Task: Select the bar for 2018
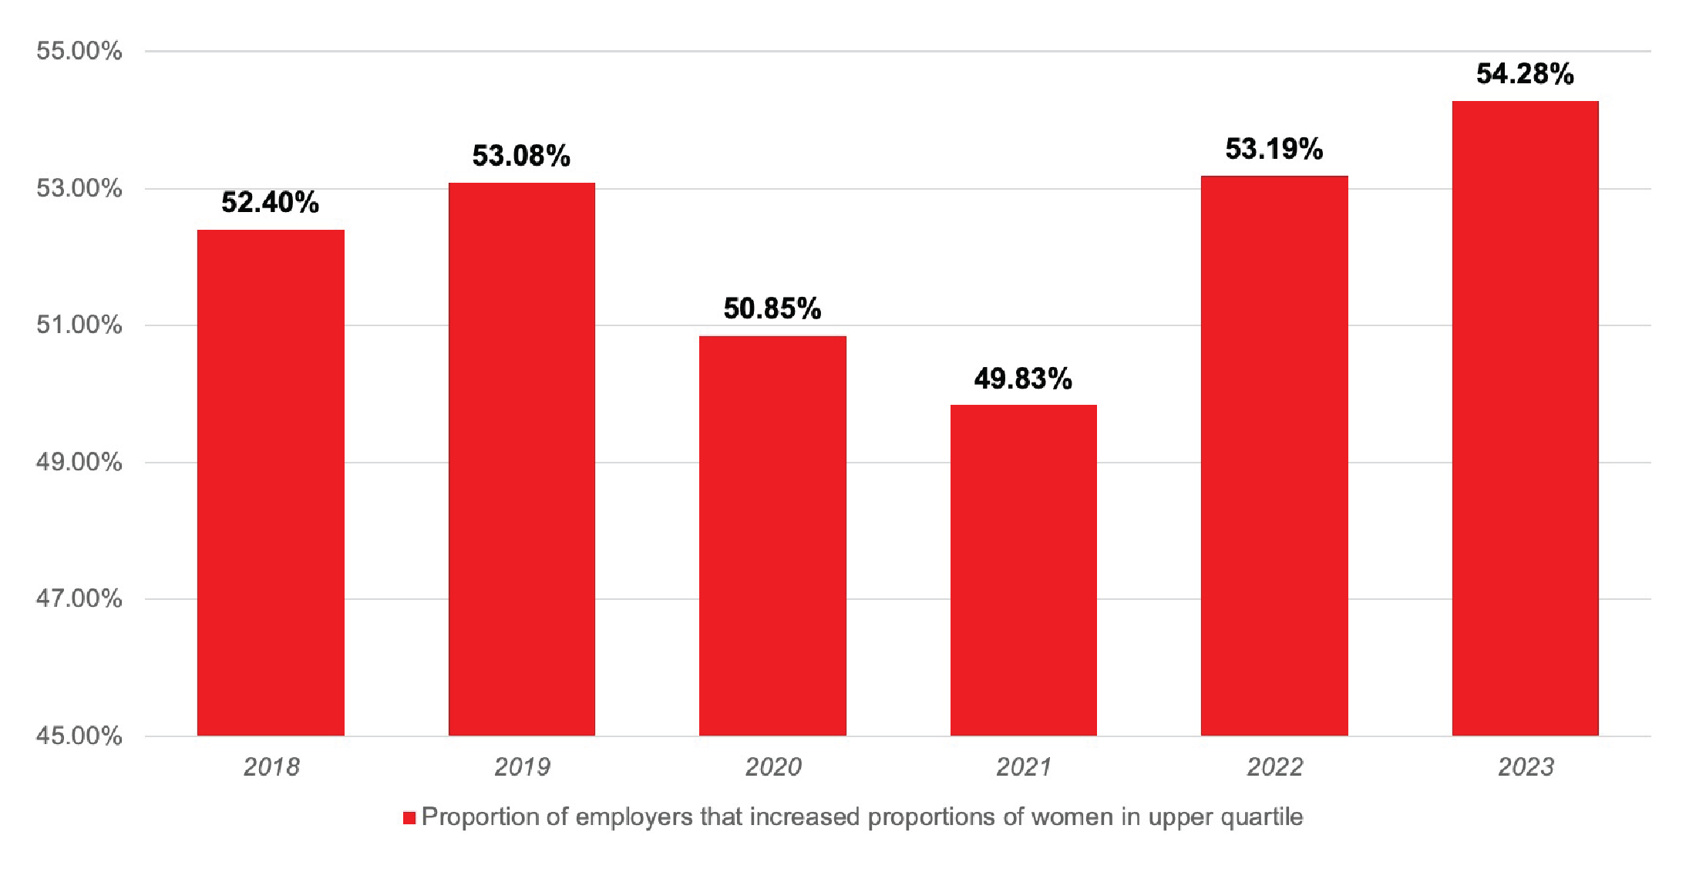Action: tap(271, 482)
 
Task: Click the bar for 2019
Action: tap(522, 459)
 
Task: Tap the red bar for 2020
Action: tap(772, 535)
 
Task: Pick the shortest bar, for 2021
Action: tap(1023, 570)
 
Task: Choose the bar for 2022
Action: tap(1274, 455)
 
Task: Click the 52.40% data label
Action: tap(270, 203)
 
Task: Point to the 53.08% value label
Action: tap(521, 156)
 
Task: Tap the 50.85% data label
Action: tap(772, 308)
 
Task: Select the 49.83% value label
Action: tap(1023, 379)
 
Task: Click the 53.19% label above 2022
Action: tap(1274, 149)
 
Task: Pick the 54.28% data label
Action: tap(1525, 74)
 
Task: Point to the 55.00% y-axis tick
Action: tap(79, 51)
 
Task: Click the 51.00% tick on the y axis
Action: tap(79, 325)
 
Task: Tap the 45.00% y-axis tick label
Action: tap(79, 736)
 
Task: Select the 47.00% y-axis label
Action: tap(79, 598)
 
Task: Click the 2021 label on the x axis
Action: tap(1023, 766)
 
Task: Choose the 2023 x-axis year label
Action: tap(1525, 766)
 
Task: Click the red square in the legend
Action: tap(409, 817)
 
